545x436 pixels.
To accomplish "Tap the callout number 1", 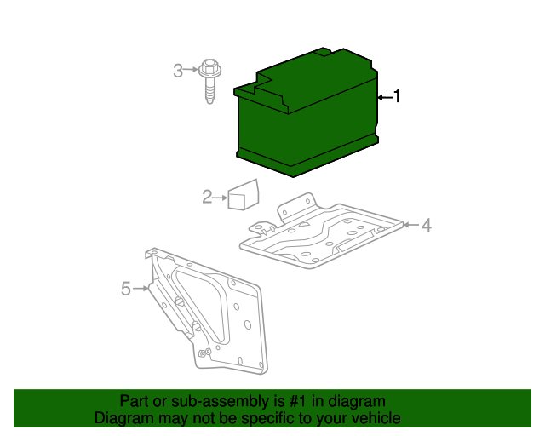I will [396, 97].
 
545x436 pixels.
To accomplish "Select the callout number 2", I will [207, 198].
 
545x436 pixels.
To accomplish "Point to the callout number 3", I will [178, 71].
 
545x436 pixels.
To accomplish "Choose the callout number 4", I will [427, 225].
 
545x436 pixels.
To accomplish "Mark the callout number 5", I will [126, 290].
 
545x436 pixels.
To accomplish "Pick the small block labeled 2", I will [244, 195].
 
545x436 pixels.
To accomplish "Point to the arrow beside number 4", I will [410, 225].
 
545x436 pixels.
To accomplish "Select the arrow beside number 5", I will [141, 290].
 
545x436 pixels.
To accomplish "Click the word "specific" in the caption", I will [276, 418].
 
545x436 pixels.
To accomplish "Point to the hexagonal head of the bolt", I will [209, 66].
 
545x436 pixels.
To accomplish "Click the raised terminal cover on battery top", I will [322, 53].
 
